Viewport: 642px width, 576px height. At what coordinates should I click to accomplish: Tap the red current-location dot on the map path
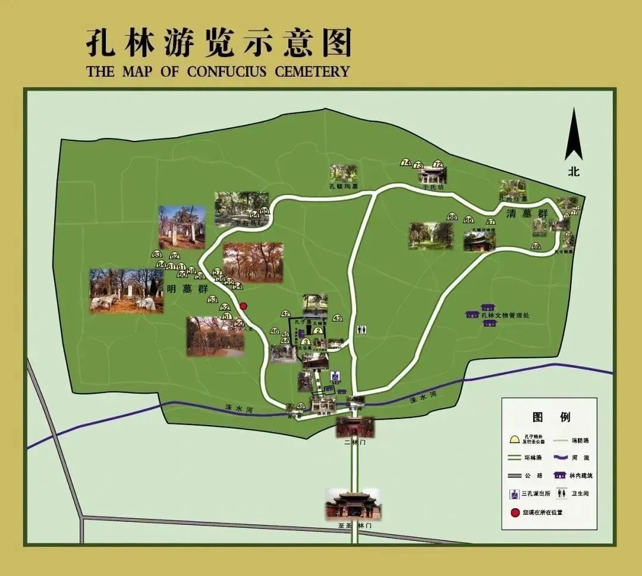[243, 306]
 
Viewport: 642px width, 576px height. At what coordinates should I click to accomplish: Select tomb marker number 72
[438, 164]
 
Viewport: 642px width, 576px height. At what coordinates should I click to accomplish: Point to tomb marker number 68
[452, 217]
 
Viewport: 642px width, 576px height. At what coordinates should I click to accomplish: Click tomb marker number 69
[536, 246]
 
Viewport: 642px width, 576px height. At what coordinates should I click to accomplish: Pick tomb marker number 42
[285, 314]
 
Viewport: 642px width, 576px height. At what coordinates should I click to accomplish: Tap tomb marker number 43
[337, 318]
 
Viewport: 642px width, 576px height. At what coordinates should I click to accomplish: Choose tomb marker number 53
[212, 300]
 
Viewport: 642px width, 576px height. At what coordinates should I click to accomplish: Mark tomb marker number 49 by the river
[301, 407]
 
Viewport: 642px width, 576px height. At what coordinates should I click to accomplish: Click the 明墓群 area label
[187, 289]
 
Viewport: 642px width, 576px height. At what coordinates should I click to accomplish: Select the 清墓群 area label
[519, 213]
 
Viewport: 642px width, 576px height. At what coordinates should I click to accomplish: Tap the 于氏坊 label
[433, 187]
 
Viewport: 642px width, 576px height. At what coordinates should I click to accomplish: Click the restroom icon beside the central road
[361, 329]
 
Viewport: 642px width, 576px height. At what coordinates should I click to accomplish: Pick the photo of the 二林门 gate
[354, 427]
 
